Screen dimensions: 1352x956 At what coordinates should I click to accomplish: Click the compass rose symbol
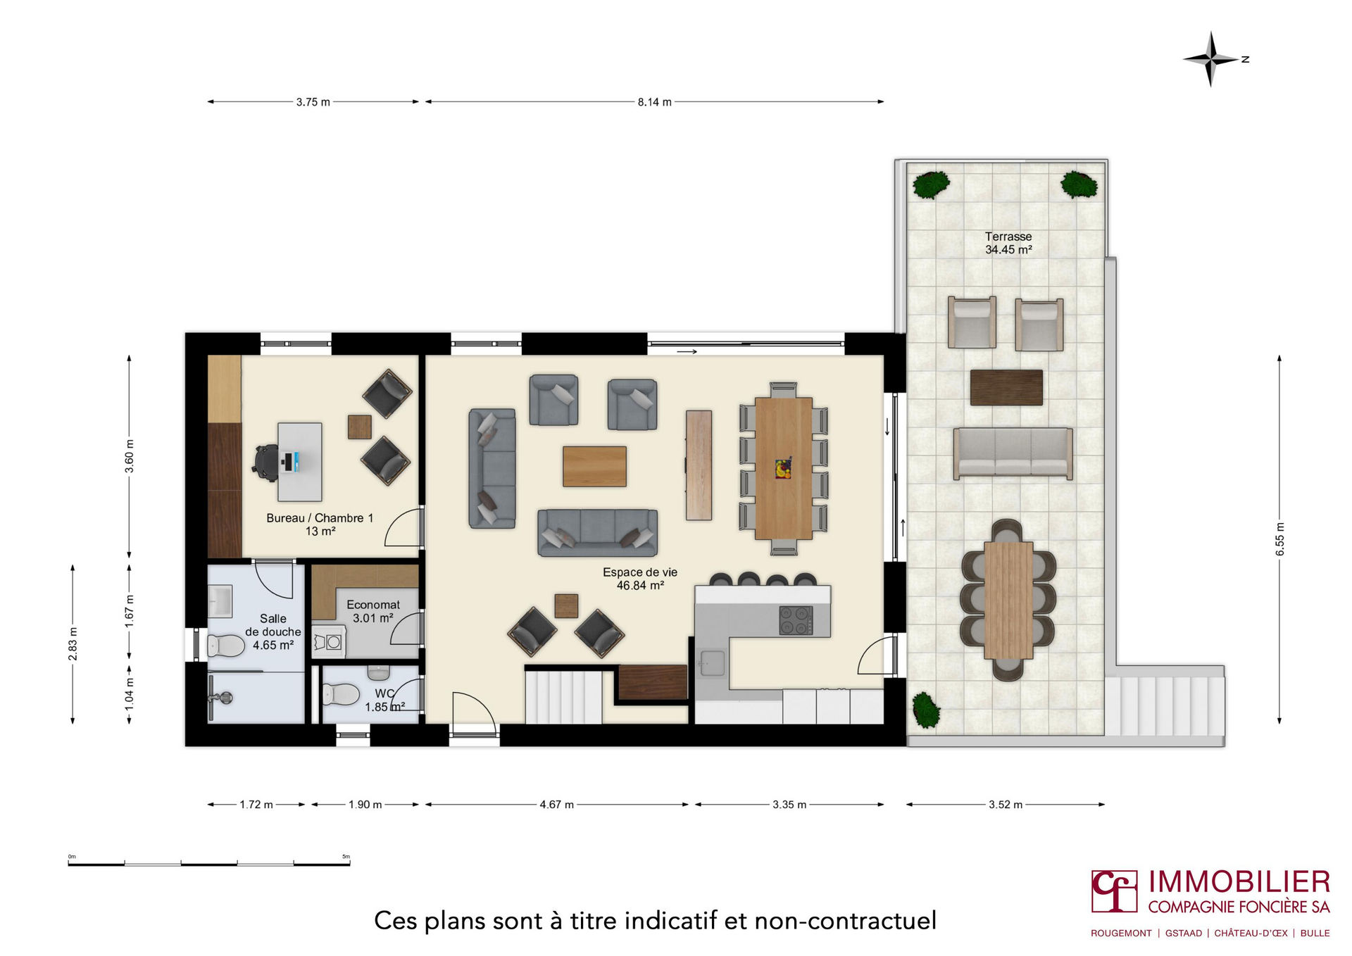point(1210,59)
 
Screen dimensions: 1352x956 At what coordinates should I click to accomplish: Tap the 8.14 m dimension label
point(654,102)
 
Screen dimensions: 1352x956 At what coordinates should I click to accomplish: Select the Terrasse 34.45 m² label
point(1008,243)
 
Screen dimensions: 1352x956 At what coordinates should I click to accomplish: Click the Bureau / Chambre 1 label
point(320,518)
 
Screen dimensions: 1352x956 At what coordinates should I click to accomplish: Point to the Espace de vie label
point(639,572)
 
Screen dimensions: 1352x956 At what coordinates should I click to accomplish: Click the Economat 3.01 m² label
point(373,611)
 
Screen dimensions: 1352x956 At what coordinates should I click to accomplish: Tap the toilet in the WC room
point(341,694)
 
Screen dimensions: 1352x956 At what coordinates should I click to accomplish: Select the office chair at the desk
point(266,463)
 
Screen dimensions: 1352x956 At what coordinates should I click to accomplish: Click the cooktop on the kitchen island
point(796,620)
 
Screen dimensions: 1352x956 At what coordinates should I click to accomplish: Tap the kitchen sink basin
point(712,662)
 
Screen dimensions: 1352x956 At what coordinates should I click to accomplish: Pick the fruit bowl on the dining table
point(783,468)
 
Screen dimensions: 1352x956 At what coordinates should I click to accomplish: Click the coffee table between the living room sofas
point(594,466)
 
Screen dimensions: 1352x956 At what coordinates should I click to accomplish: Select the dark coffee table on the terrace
point(1006,387)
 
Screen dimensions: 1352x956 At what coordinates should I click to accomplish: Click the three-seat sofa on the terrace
point(1013,453)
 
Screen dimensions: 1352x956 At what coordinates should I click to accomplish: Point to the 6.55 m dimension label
point(1279,539)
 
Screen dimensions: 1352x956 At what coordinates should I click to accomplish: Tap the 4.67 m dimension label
point(556,805)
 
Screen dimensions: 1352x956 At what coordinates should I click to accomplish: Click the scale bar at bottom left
point(209,862)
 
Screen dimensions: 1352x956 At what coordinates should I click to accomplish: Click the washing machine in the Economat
point(329,641)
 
